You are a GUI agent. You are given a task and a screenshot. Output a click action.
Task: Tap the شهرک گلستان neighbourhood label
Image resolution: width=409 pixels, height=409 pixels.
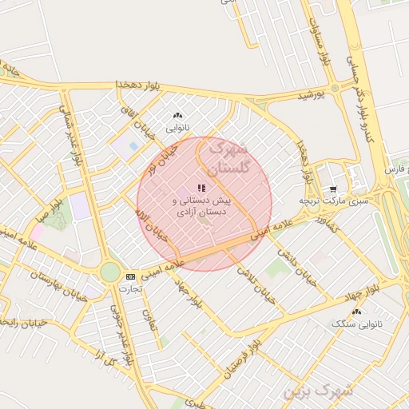229,158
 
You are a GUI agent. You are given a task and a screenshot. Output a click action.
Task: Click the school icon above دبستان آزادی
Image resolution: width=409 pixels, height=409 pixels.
201,188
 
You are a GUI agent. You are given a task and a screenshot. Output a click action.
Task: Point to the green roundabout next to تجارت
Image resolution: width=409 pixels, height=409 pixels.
109,272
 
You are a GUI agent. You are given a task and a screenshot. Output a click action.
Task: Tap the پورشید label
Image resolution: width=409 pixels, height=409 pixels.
312,95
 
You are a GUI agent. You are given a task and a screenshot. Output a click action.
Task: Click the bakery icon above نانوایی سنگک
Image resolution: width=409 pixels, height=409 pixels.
356,312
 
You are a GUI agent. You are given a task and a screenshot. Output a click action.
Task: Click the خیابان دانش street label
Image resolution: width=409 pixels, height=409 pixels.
298,267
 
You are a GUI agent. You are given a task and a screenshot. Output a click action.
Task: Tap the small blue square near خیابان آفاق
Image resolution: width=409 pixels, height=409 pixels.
132,147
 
